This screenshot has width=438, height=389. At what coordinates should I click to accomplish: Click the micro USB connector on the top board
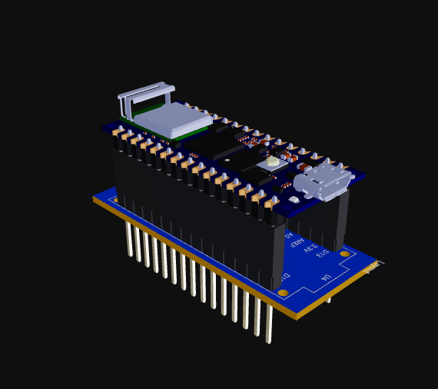(x=321, y=183)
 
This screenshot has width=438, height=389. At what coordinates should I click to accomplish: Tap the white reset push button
(x=273, y=162)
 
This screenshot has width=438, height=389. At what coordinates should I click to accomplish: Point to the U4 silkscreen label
(x=327, y=277)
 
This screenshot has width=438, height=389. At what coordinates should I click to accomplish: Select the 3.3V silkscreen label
(x=310, y=248)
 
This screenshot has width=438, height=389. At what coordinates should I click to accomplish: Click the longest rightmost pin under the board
(x=269, y=323)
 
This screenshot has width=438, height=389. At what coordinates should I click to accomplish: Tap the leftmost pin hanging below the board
(x=128, y=238)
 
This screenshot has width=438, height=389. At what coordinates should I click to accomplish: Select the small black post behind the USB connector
(x=342, y=219)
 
